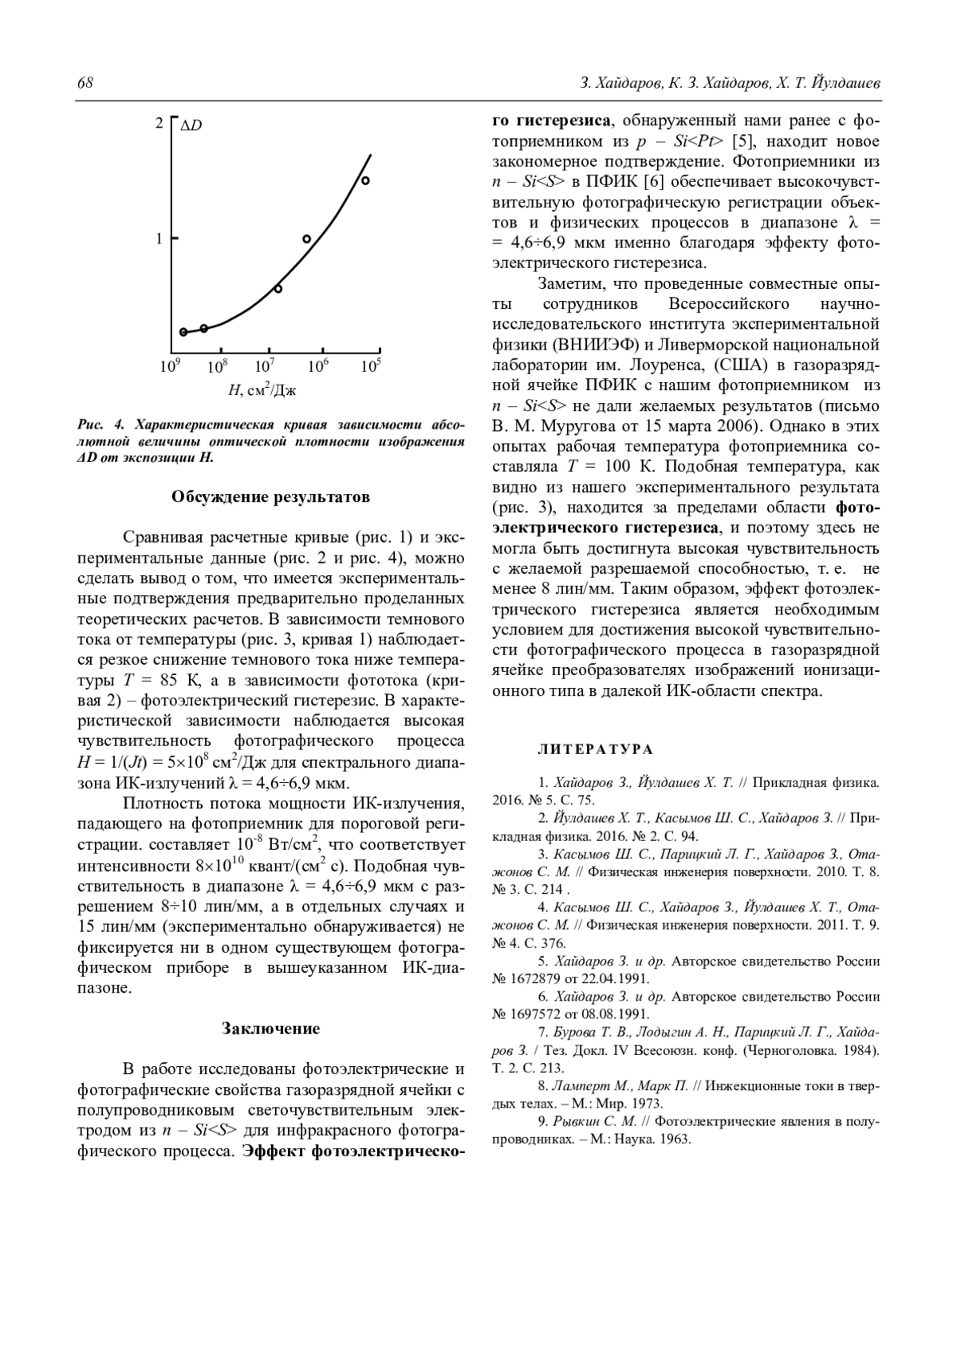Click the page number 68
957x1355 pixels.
85,83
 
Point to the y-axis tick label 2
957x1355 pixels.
159,124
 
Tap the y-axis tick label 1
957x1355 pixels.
159,238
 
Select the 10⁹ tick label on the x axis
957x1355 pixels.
170,366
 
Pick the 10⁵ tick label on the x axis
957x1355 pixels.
370,366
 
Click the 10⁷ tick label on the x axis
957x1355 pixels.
265,366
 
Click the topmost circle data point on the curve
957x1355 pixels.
365,180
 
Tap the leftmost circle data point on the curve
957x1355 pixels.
183,332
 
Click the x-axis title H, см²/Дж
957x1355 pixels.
262,390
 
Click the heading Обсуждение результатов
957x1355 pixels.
270,497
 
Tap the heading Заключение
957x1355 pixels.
270,1029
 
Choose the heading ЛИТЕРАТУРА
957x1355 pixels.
596,749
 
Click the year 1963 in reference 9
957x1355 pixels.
675,1139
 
